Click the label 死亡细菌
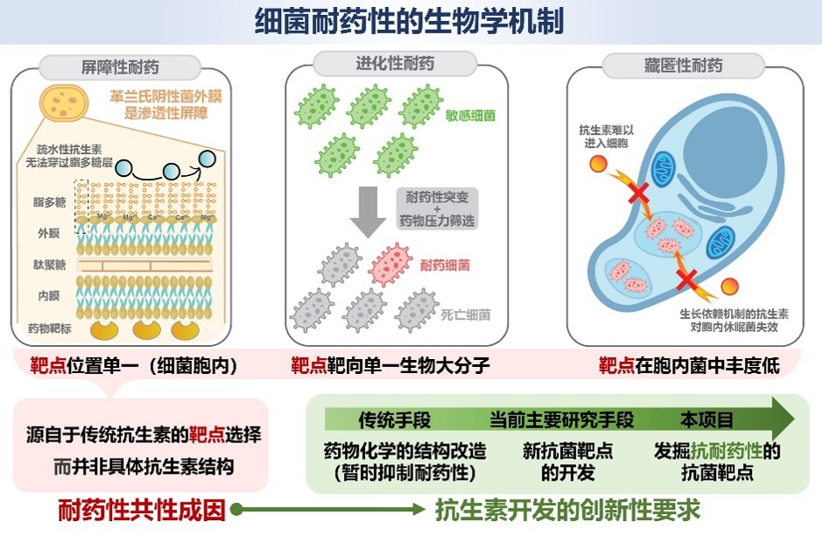point(467,314)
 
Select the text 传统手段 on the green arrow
point(394,420)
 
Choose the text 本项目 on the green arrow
point(707,420)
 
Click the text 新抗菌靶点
point(567,452)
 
